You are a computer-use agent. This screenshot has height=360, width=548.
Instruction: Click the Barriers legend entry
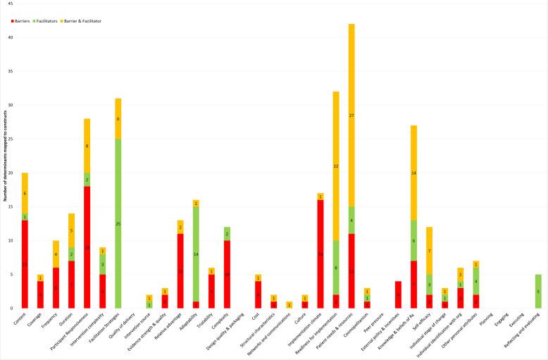coord(25,21)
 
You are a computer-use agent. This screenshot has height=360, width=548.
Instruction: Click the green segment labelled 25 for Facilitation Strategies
coord(118,223)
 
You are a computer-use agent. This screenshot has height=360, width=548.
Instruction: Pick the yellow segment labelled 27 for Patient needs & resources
coord(351,115)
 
